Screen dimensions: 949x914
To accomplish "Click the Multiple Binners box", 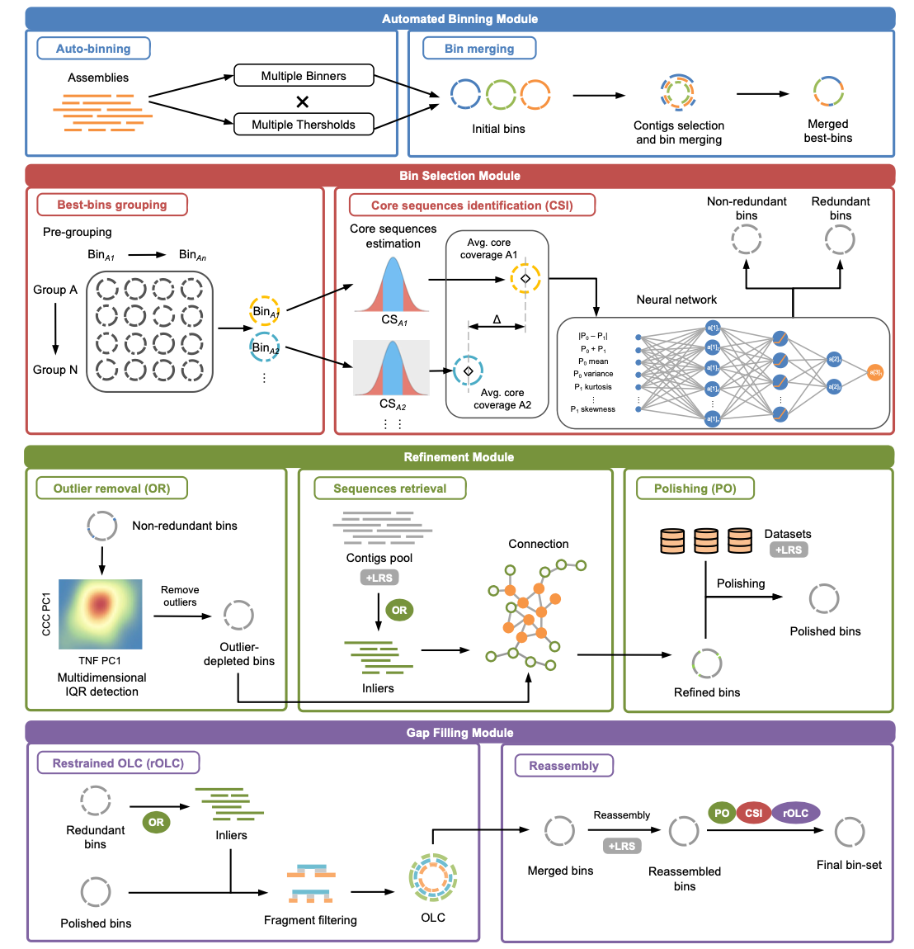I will (x=304, y=76).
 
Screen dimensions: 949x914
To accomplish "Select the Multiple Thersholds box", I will (x=304, y=125).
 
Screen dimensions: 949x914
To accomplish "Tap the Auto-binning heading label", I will (x=93, y=49).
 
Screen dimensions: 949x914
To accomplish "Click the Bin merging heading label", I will (x=479, y=49).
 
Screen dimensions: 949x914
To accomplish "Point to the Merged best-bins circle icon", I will (x=828, y=92).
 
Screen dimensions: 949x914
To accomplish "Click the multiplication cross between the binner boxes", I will (x=303, y=102).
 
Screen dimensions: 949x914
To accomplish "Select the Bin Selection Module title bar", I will (x=459, y=176).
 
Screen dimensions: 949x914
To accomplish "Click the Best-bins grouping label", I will (x=112, y=205).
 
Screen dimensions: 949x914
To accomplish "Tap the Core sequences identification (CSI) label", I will (x=472, y=205).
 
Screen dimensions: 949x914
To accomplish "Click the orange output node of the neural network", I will (x=875, y=373).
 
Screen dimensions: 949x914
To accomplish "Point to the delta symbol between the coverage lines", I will (x=497, y=319).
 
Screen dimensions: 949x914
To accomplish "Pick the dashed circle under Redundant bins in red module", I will (x=840, y=240).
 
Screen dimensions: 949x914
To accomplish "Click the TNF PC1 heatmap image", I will (x=100, y=614).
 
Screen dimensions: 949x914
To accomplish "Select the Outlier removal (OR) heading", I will (x=111, y=489).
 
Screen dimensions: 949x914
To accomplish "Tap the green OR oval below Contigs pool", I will (x=399, y=611).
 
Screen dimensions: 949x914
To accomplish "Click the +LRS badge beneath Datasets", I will (x=789, y=550).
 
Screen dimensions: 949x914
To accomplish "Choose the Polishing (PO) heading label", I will (x=695, y=489).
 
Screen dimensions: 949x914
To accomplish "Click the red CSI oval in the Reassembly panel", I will (x=754, y=814).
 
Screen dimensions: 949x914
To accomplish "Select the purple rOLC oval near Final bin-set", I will (x=795, y=814).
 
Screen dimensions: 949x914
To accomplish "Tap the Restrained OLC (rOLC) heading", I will (x=118, y=763).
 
